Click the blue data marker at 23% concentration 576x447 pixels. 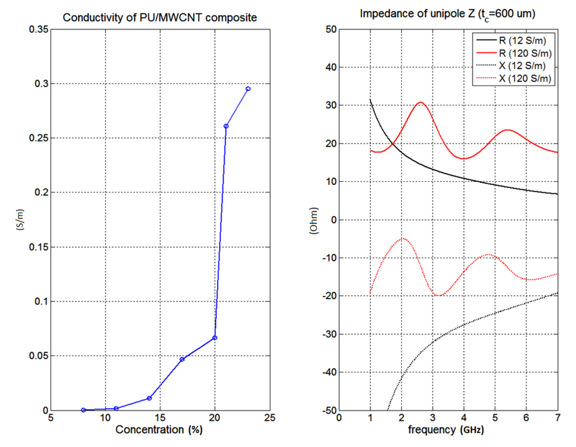coord(248,89)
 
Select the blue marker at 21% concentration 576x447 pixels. coord(226,126)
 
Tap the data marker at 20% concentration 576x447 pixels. coord(215,338)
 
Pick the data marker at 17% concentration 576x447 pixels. coord(182,359)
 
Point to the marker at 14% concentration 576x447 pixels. coord(149,398)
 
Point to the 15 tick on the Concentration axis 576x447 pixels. coord(160,418)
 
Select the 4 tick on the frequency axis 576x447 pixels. coord(464,418)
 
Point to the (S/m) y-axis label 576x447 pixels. coord(20,220)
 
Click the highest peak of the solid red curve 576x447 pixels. coord(421,102)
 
